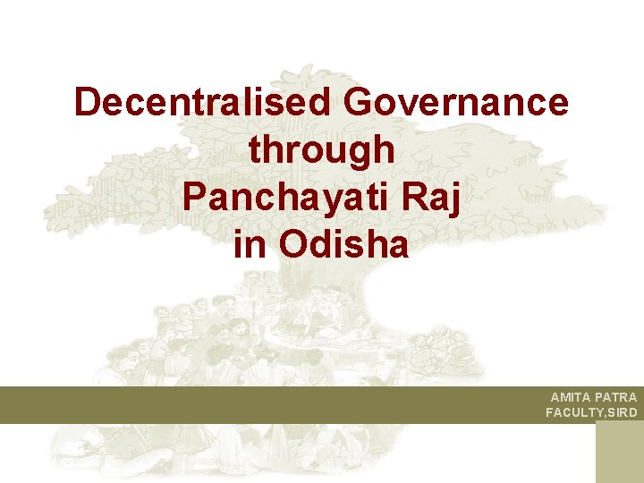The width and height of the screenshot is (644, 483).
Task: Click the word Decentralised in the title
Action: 203,103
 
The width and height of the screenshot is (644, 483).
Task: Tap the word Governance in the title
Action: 455,103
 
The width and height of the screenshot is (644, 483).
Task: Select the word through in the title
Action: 322,149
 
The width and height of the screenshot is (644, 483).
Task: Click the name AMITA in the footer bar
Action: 570,397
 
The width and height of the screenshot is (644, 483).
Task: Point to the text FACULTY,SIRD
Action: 591,412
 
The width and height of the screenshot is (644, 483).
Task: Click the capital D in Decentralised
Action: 87,103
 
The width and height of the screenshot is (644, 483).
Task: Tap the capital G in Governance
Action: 359,103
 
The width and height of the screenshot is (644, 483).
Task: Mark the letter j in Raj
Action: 456,198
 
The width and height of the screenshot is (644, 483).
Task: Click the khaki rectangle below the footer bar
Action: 619,453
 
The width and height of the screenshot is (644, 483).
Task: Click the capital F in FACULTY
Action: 550,412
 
